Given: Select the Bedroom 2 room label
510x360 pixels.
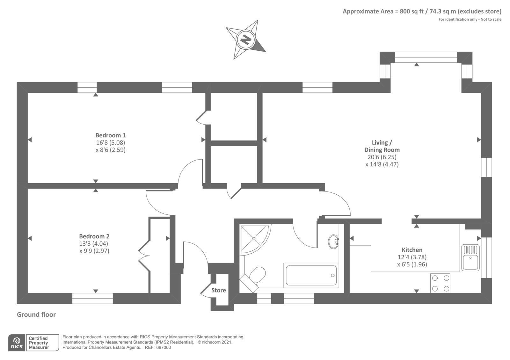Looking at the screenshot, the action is click(94, 236).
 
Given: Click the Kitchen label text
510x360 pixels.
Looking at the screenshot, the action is click(412, 250).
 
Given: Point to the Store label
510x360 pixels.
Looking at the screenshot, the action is click(218, 290).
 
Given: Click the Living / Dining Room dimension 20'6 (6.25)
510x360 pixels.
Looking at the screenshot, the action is click(382, 157).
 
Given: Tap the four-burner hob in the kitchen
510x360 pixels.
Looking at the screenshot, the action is click(440, 283).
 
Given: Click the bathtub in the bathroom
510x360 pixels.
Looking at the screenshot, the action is click(311, 275).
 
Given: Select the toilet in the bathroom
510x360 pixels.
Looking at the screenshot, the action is click(255, 276).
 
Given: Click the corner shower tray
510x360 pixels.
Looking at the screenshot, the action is click(254, 238).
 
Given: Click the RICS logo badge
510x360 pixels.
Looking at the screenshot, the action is click(17, 343).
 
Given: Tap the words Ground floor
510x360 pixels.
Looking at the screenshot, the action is click(36, 314).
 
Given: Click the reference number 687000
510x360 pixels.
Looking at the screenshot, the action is click(163, 348).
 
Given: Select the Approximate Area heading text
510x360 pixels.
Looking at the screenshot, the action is click(422, 11).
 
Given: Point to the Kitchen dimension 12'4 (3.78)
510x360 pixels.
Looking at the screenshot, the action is click(412, 257).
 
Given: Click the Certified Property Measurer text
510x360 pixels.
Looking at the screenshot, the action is click(39, 343).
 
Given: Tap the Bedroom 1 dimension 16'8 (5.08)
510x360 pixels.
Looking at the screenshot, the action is click(110, 143).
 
